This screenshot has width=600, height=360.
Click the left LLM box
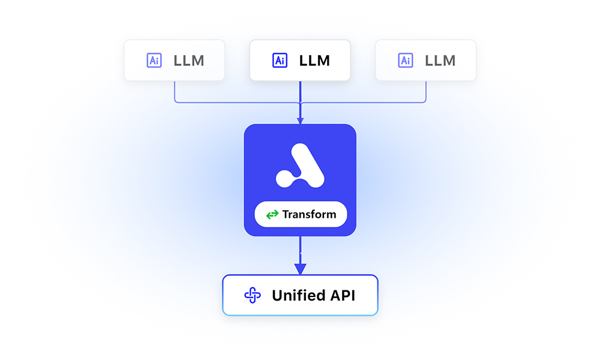coord(174,60)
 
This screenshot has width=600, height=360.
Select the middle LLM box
coord(300,60)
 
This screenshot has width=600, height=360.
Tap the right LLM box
coord(426,60)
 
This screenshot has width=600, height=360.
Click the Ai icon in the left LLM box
coord(154,61)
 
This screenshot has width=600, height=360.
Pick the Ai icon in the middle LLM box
coord(280,61)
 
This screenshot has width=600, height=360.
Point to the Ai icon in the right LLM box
coord(406,61)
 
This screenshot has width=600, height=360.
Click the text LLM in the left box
coord(189,61)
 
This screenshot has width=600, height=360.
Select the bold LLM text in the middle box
coord(314,61)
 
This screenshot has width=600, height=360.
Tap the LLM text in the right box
coord(440,61)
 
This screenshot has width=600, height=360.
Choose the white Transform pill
coord(301,214)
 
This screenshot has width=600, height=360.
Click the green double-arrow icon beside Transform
coord(272,215)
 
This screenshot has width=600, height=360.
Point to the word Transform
coord(309,214)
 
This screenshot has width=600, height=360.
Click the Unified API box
coord(301,295)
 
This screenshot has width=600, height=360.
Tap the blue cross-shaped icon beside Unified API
coord(253,295)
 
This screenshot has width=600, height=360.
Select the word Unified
coord(299,295)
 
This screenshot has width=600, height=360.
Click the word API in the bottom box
coord(343,295)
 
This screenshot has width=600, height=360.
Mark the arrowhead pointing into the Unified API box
coord(301,269)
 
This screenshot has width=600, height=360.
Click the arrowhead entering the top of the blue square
coord(301,121)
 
